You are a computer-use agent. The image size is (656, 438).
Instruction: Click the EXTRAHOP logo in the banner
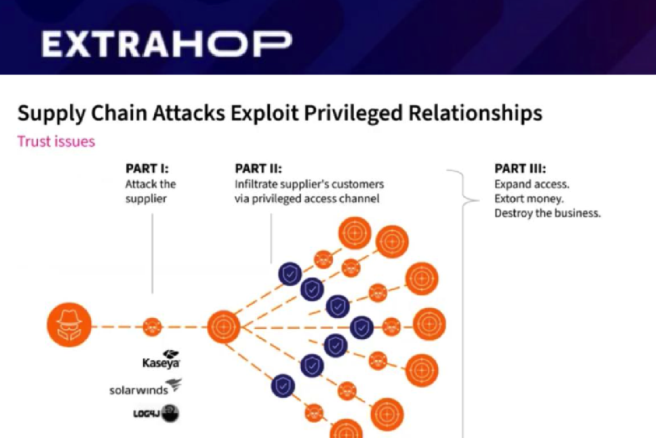(x=167, y=44)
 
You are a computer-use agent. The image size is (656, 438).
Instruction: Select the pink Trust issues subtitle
(x=56, y=141)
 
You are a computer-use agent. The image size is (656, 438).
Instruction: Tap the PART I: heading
(x=147, y=169)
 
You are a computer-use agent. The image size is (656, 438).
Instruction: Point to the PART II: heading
(x=258, y=169)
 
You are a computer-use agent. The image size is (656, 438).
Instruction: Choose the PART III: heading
(x=520, y=169)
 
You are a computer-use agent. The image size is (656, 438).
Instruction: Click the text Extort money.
(x=529, y=199)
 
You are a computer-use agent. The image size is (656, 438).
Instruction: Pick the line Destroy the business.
(x=547, y=213)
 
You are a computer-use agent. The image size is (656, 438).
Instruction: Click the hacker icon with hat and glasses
(x=69, y=325)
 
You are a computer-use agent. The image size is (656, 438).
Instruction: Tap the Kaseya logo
(x=161, y=359)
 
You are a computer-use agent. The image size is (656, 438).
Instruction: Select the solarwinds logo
(x=145, y=387)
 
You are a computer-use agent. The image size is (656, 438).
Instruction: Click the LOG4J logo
(x=156, y=413)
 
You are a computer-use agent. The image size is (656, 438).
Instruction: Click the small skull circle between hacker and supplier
(x=152, y=327)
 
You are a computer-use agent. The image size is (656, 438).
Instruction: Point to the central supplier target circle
(x=224, y=327)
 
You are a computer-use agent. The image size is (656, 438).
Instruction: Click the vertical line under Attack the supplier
(x=152, y=254)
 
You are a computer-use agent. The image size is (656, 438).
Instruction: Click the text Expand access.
(x=532, y=184)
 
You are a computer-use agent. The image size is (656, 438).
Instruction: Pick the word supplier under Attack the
(x=146, y=199)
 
